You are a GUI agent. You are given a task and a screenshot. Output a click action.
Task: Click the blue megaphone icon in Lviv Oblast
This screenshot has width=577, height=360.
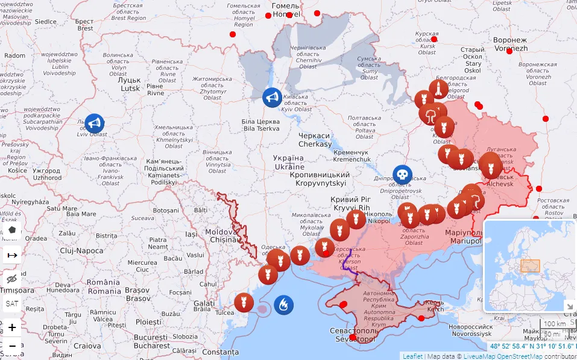(93, 124)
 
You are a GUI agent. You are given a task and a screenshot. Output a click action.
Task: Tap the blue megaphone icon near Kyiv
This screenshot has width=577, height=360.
(272, 98)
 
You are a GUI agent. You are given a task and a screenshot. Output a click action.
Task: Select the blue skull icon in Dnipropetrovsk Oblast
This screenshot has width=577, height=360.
(402, 175)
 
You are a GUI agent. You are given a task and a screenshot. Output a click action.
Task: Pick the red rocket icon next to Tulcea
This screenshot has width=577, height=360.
(244, 302)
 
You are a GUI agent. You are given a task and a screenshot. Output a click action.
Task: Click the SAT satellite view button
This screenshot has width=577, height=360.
(12, 303)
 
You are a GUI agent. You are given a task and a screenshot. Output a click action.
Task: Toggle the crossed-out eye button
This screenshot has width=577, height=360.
(12, 279)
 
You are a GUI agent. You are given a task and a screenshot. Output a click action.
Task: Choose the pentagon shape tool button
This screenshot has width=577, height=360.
(12, 231)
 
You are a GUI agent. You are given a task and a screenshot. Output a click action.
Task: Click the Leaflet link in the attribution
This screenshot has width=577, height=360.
(412, 356)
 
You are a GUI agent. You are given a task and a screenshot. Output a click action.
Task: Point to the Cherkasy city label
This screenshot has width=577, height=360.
(315, 140)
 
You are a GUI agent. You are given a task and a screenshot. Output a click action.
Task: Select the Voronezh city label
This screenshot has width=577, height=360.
(510, 44)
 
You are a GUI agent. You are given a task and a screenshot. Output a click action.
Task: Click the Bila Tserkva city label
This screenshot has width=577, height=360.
(260, 125)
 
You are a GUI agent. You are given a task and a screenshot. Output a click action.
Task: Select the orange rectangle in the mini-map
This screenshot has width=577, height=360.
(530, 265)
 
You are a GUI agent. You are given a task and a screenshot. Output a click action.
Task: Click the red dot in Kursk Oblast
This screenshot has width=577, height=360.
(434, 39)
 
